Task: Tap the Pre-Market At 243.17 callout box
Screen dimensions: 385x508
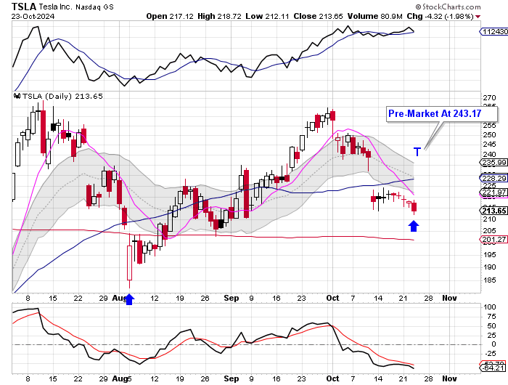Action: pyautogui.click(x=441, y=113)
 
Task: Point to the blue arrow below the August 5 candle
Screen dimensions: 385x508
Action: pyautogui.click(x=129, y=299)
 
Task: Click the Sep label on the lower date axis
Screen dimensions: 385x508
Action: pyautogui.click(x=232, y=378)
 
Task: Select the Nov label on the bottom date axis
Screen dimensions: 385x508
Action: pyautogui.click(x=449, y=378)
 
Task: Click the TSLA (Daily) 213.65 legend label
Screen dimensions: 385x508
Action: pyautogui.click(x=48, y=95)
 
